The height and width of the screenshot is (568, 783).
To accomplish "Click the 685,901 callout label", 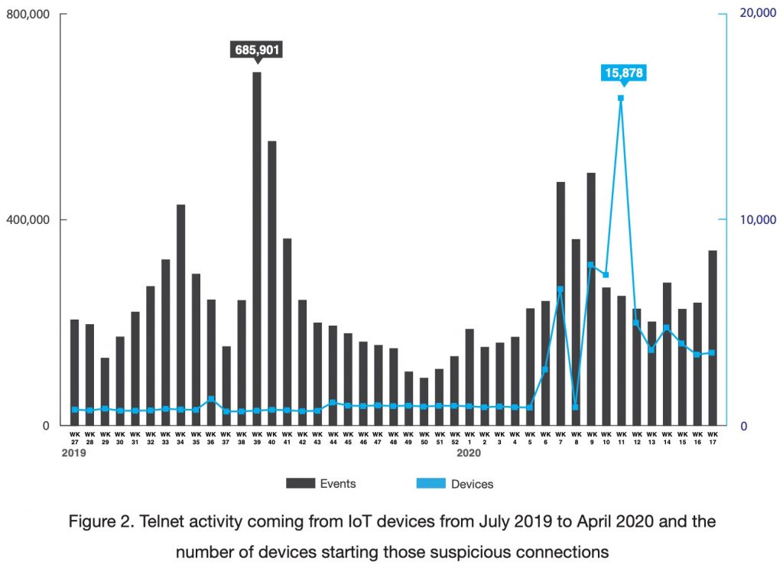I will click(257, 51).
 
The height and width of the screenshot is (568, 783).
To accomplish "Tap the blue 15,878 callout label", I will click(624, 73).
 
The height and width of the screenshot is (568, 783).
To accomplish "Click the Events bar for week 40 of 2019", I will click(272, 283).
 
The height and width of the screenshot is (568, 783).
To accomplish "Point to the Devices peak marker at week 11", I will click(621, 98).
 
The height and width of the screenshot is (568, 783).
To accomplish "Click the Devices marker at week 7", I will click(560, 290).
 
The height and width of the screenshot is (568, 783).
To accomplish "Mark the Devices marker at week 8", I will click(576, 407).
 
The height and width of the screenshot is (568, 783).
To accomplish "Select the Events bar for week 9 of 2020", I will click(591, 299).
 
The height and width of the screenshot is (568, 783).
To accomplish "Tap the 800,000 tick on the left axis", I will click(28, 15).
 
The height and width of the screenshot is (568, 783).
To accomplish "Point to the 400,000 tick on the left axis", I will click(28, 220).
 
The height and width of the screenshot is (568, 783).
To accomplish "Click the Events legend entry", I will click(321, 483).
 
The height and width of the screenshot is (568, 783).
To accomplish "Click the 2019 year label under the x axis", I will click(74, 453).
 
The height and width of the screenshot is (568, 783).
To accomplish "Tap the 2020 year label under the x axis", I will click(469, 453).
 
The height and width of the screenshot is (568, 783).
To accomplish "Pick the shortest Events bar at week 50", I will click(424, 401).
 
